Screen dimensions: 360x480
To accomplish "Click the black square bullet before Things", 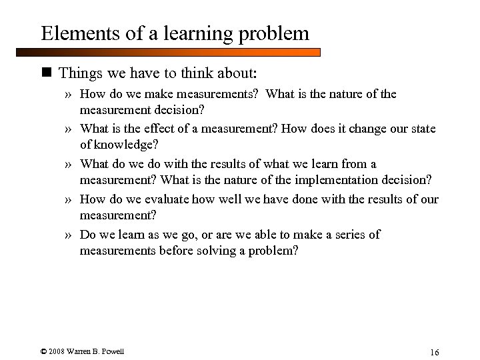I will click(47, 71).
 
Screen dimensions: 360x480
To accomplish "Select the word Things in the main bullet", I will click(79, 70).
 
